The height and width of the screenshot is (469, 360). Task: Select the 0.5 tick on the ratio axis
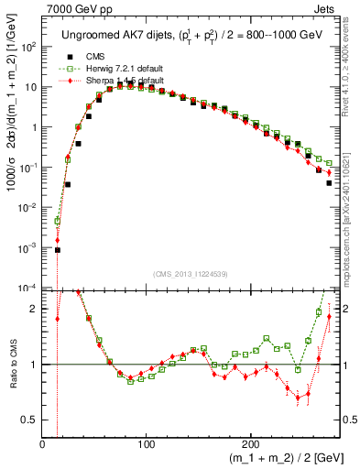point(28,420)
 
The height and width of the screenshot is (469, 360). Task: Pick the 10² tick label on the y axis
point(28,47)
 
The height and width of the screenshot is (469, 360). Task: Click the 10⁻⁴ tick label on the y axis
point(28,289)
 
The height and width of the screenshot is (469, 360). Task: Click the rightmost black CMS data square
point(329,183)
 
